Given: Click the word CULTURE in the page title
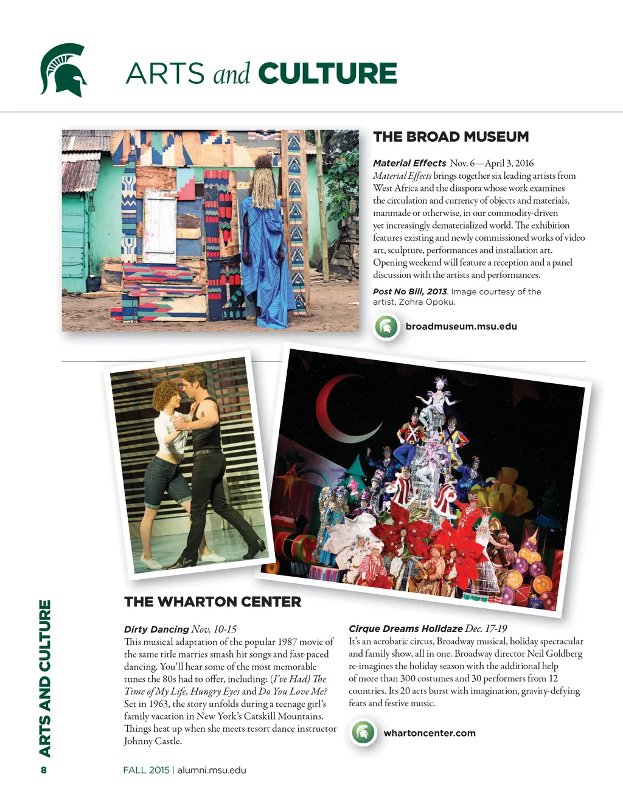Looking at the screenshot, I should [327, 74].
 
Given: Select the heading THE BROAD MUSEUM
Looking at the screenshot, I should [451, 137].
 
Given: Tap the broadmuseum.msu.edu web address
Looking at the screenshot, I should [461, 327].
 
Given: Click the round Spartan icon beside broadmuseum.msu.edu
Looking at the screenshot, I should [386, 327].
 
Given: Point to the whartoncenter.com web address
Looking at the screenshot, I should [430, 733].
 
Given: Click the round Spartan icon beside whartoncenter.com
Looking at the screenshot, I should [363, 732].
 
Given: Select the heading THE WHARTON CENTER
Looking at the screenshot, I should [212, 602].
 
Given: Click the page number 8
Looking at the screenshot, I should [44, 770].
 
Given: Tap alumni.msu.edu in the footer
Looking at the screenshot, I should [212, 770].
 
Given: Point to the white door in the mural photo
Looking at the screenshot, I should [159, 225].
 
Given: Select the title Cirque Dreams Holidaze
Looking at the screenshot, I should [405, 628].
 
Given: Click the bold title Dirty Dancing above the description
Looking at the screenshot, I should [156, 630].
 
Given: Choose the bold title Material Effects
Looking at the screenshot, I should [409, 163].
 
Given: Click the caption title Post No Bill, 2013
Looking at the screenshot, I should [409, 291].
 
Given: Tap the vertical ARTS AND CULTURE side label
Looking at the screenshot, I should [45, 678].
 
